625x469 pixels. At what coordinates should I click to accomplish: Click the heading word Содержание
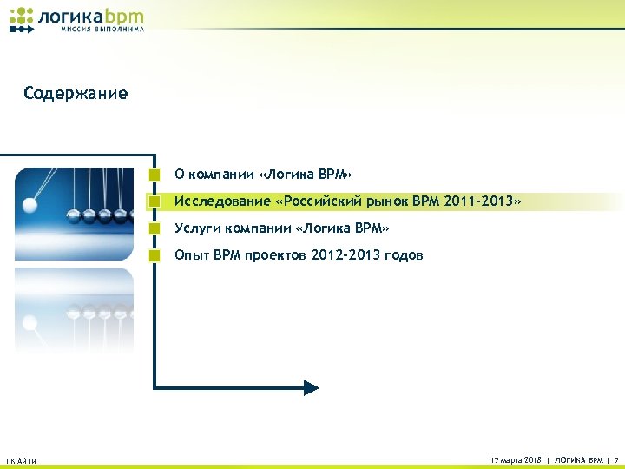click(76, 93)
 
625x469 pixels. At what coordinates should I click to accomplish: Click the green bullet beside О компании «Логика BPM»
click(154, 174)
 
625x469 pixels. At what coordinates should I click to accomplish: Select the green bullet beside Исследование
click(154, 201)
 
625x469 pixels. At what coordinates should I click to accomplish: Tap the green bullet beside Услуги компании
click(154, 228)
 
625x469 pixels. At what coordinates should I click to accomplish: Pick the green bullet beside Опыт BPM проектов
click(154, 255)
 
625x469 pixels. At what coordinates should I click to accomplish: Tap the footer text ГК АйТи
click(21, 460)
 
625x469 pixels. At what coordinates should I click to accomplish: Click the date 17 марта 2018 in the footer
click(516, 459)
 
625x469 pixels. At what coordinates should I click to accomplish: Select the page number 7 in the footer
click(615, 459)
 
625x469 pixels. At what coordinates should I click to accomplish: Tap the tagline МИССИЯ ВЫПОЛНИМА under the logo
click(102, 30)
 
